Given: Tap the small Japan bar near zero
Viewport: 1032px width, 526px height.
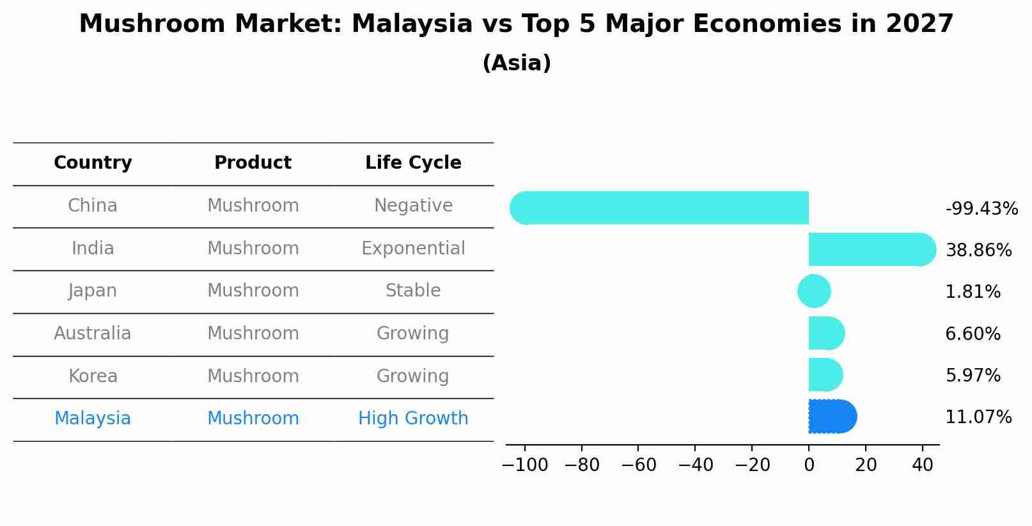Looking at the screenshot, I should click(814, 291).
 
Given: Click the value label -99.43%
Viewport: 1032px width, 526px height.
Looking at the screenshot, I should click(981, 209).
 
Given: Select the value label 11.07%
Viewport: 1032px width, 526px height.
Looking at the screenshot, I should click(978, 417).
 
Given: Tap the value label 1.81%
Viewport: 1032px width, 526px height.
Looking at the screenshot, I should click(973, 292).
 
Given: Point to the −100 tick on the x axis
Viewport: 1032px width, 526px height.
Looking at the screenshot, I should click(525, 465).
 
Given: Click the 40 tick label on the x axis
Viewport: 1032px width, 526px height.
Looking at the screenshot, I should click(922, 465).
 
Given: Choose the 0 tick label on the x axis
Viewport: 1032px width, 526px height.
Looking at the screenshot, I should click(809, 465).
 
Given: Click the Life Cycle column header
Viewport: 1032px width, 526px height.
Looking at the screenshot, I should click(413, 163).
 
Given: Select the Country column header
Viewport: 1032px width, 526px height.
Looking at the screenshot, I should click(93, 163).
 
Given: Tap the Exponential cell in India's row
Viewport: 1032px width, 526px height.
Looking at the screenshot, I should click(413, 248).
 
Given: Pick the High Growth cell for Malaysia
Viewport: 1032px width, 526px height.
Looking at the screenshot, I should click(413, 419).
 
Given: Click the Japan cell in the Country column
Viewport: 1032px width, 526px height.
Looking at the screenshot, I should click(93, 291).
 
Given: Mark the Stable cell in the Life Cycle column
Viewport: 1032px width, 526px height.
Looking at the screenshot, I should click(413, 291).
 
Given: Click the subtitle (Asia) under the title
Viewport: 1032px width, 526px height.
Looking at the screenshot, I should click(517, 63).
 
